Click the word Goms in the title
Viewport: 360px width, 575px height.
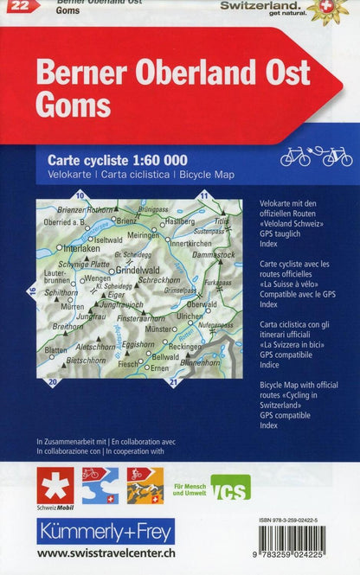(74, 105)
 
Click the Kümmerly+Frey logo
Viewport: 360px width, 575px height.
(105, 531)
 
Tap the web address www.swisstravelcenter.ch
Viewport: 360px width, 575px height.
(105, 554)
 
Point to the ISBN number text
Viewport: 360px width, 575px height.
(300, 521)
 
